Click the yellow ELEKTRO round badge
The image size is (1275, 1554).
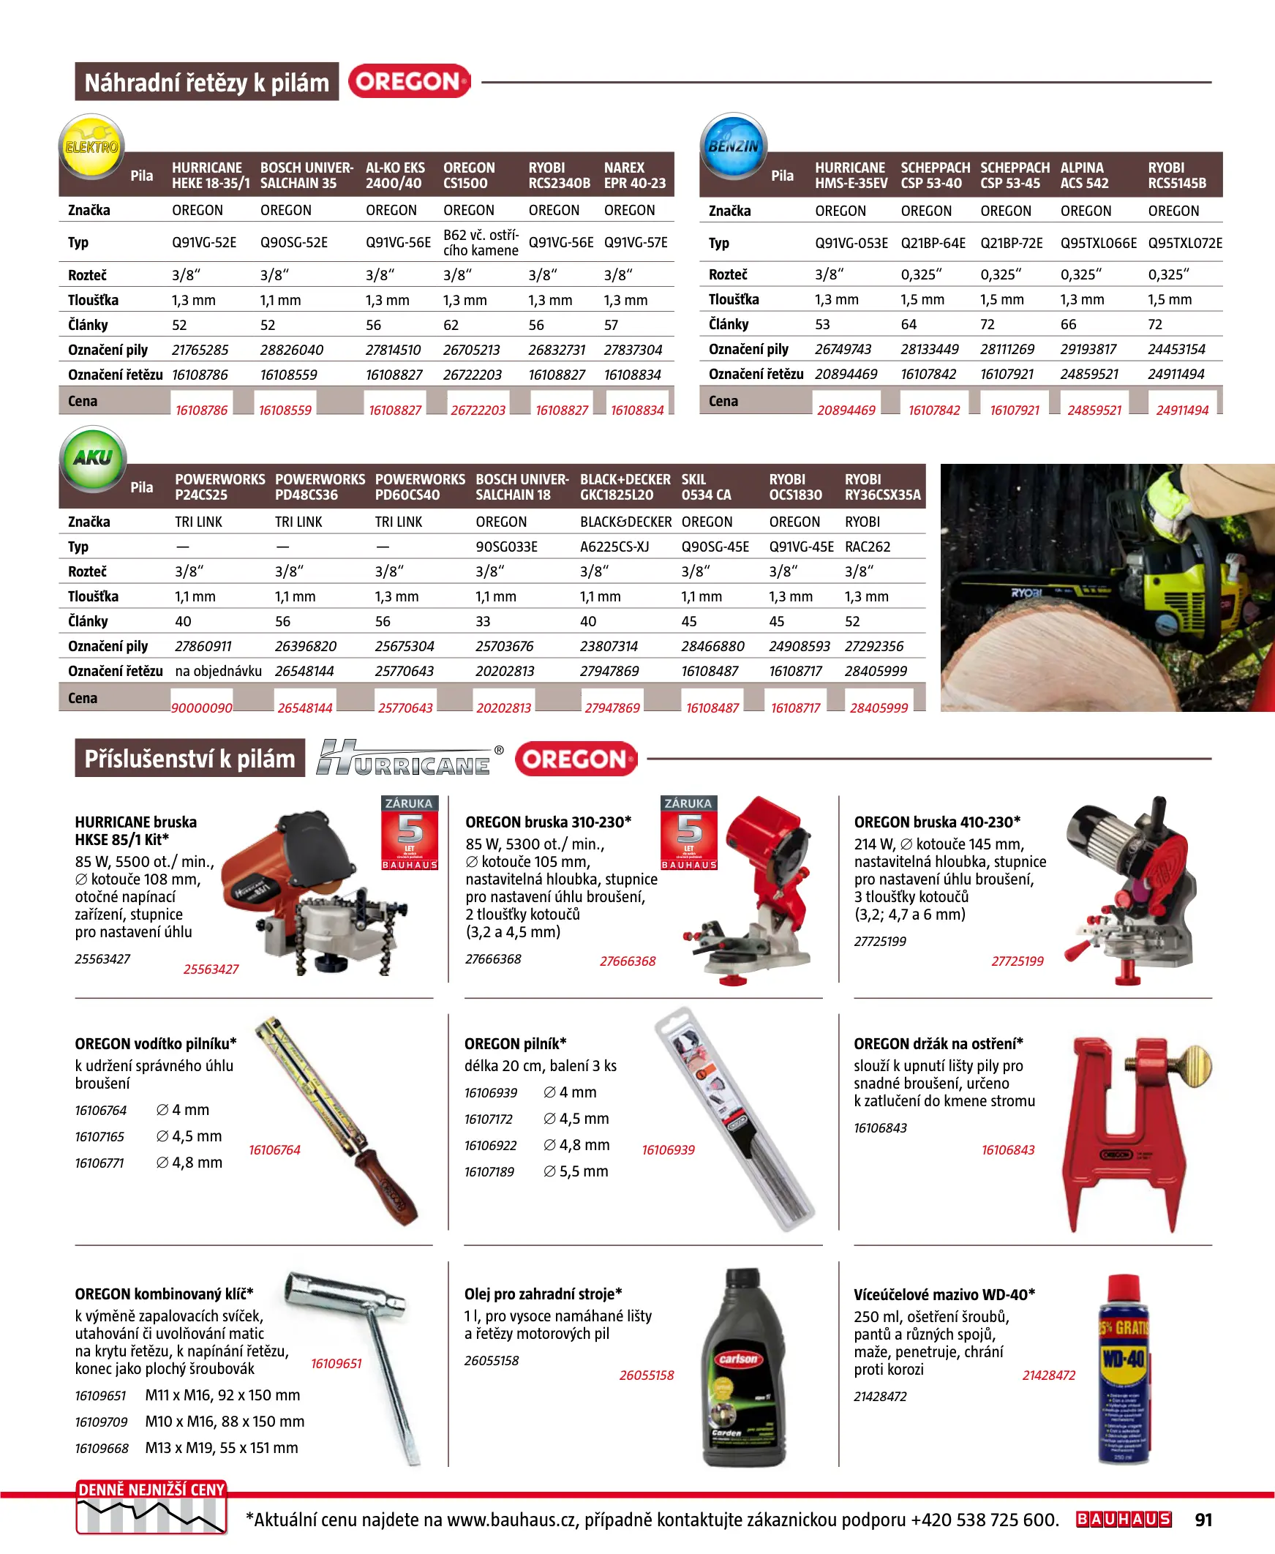point(91,146)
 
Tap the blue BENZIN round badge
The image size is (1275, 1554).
point(733,146)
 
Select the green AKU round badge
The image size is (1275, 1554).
point(93,457)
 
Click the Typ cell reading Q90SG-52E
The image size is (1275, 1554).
point(294,242)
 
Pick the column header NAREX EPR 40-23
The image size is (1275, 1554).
point(634,176)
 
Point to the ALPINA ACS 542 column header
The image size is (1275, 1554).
point(1084,176)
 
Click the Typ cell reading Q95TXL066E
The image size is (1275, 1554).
point(1098,243)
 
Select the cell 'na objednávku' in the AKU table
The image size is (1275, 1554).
point(218,670)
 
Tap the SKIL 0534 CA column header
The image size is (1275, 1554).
point(706,487)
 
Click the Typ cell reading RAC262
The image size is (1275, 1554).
point(868,547)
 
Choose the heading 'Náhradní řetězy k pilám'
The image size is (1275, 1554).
point(206,82)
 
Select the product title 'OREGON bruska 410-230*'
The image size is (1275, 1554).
point(937,822)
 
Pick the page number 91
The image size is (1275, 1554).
point(1203,1520)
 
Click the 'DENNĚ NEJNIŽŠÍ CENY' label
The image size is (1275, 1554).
point(151,1490)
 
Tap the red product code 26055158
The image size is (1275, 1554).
point(646,1375)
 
